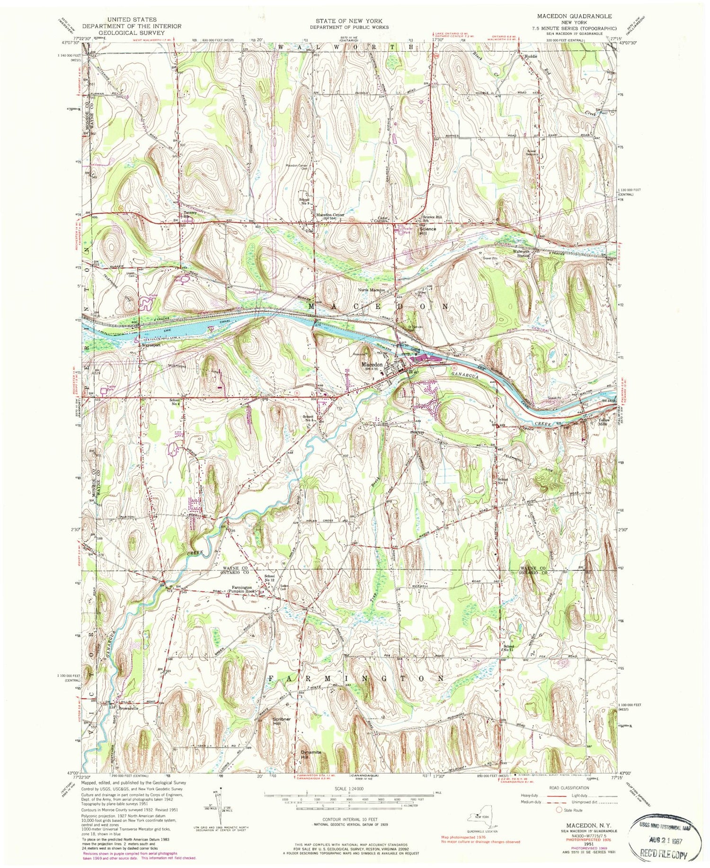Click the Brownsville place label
click(128, 709)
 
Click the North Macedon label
click(372, 290)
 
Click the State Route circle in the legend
click(559, 810)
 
